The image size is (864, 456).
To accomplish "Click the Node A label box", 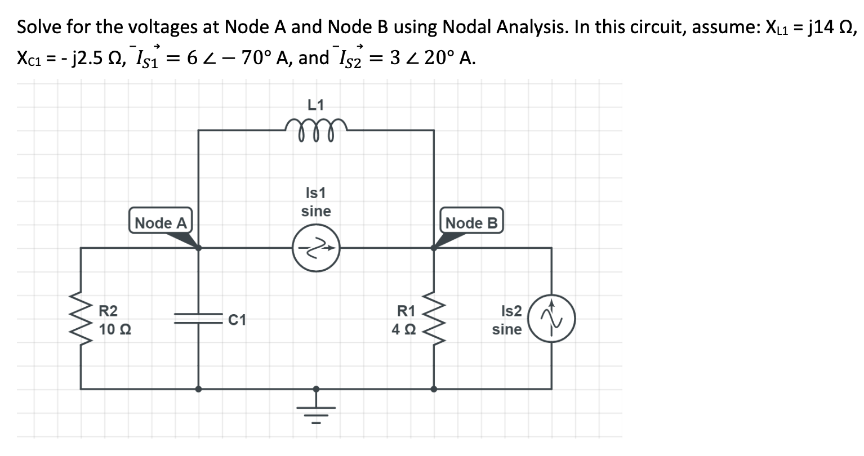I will pos(161,222).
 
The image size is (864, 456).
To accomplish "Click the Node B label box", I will pos(471,222).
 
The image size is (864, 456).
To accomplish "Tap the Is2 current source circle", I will pos(551,319).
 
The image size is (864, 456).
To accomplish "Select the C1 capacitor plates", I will pos(198,319).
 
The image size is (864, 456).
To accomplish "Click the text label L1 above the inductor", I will pos(316,104).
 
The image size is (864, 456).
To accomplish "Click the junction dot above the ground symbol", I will pos(316,388).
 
